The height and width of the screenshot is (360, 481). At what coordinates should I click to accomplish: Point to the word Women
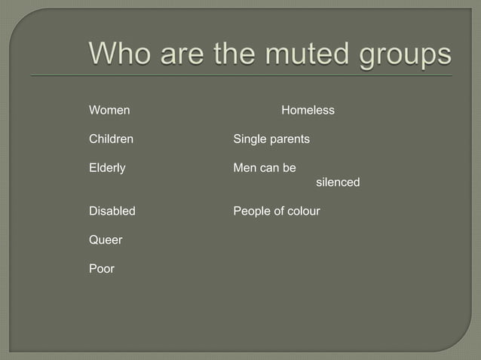[x=109, y=111]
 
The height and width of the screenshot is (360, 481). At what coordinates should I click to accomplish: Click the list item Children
[x=111, y=139]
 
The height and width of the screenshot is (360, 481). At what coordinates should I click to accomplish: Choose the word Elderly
[x=107, y=168]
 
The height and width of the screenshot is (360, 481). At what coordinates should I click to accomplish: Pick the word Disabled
[x=112, y=211]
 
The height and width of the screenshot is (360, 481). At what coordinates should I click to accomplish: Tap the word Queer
[x=106, y=239]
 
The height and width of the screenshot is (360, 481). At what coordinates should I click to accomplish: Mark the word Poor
[x=102, y=268]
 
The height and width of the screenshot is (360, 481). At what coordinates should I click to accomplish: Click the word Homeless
[x=308, y=111]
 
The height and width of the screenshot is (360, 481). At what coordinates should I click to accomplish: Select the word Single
[x=250, y=139]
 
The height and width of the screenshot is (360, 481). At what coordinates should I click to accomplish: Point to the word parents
[x=290, y=139]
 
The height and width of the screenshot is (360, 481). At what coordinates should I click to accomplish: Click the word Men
[x=244, y=168]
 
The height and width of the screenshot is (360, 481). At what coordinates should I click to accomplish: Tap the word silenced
[x=338, y=182]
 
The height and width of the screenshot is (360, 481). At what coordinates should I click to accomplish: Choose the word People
[x=252, y=211]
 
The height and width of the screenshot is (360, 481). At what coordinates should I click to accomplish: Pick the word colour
[x=304, y=211]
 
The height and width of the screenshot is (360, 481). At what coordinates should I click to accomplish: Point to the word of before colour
[x=279, y=211]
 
